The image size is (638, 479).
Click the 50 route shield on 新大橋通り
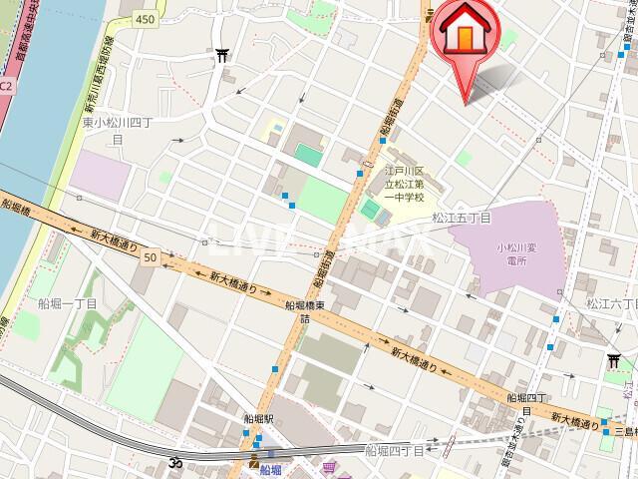(150, 257)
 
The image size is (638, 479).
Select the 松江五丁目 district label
(462, 217)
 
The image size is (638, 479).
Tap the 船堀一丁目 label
(68, 302)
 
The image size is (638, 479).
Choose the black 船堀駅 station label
(258, 420)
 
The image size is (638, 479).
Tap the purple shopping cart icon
(329, 465)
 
